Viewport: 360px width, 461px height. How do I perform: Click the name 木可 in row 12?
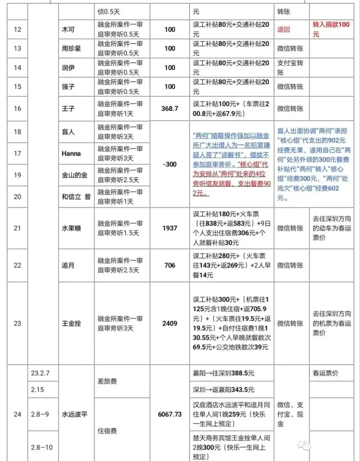coord(68,30)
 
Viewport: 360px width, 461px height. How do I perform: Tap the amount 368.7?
coord(170,108)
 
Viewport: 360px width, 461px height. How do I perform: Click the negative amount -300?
coord(170,164)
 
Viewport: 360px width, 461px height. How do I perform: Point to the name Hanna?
coord(71,154)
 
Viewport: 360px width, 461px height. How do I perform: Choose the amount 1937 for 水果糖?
coord(170,228)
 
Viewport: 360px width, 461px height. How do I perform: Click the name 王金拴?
coord(71,323)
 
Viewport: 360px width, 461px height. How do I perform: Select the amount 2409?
coord(170,323)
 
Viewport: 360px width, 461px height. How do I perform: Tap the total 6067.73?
coord(170,414)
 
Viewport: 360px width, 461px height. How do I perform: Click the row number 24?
coord(17,414)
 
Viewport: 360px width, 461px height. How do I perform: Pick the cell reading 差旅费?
coord(107,381)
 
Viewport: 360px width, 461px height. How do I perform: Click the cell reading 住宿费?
coord(107,431)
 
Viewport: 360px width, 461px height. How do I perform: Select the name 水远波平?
coord(74,414)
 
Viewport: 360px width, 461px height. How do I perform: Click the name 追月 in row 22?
coord(68,266)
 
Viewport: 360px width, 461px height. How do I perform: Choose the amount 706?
coord(170,266)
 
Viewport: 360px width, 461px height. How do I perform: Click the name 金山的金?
coord(74,175)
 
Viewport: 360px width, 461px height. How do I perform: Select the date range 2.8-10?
coord(42,447)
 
